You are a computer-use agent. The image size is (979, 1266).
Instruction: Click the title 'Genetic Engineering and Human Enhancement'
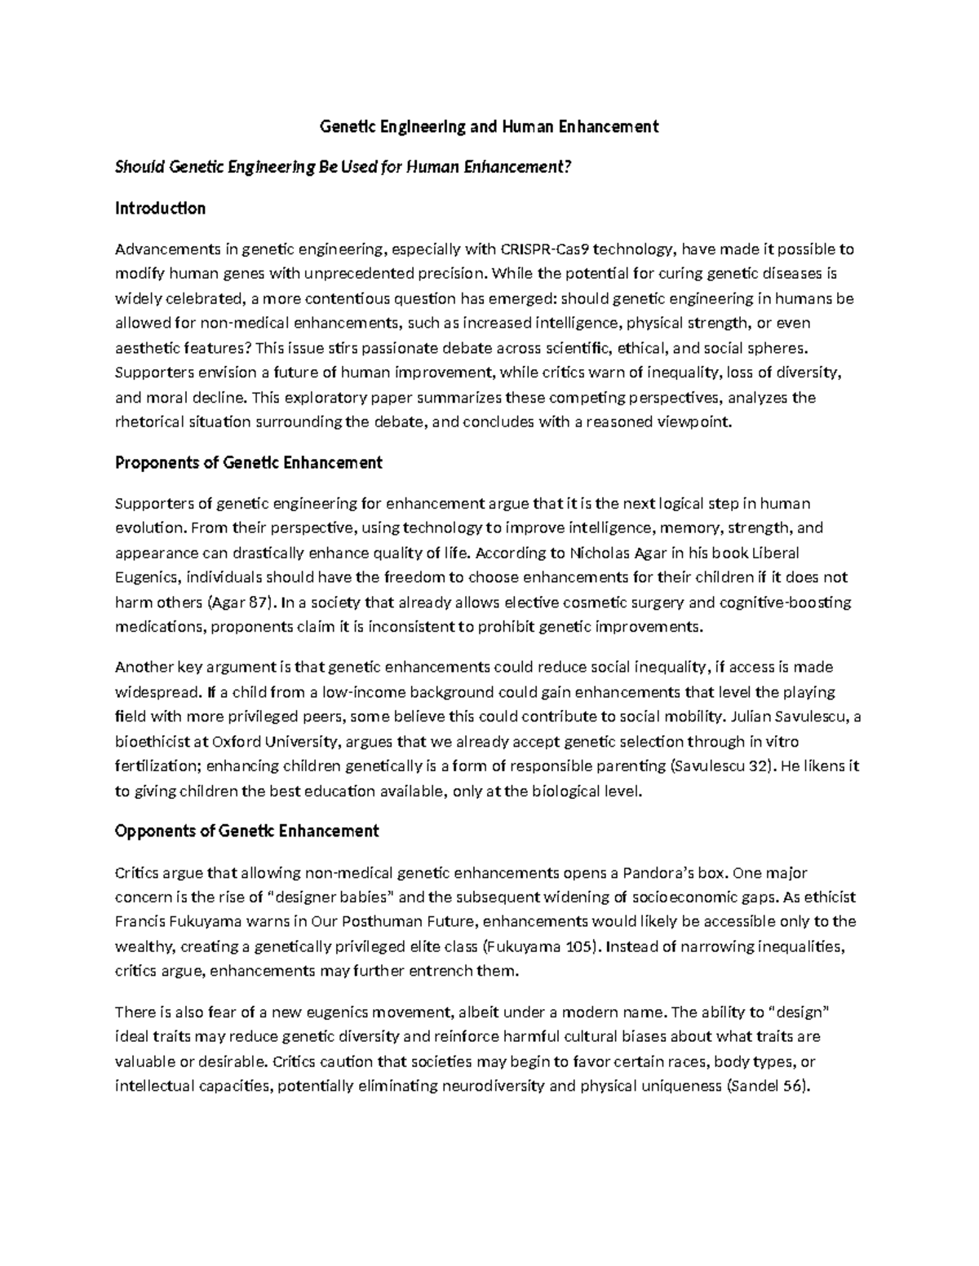point(489,126)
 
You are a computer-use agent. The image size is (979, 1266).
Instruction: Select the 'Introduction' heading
point(160,208)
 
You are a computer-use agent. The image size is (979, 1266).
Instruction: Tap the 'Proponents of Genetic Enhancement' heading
point(249,463)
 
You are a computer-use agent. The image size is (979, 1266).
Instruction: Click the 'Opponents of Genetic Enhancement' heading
point(247,832)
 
